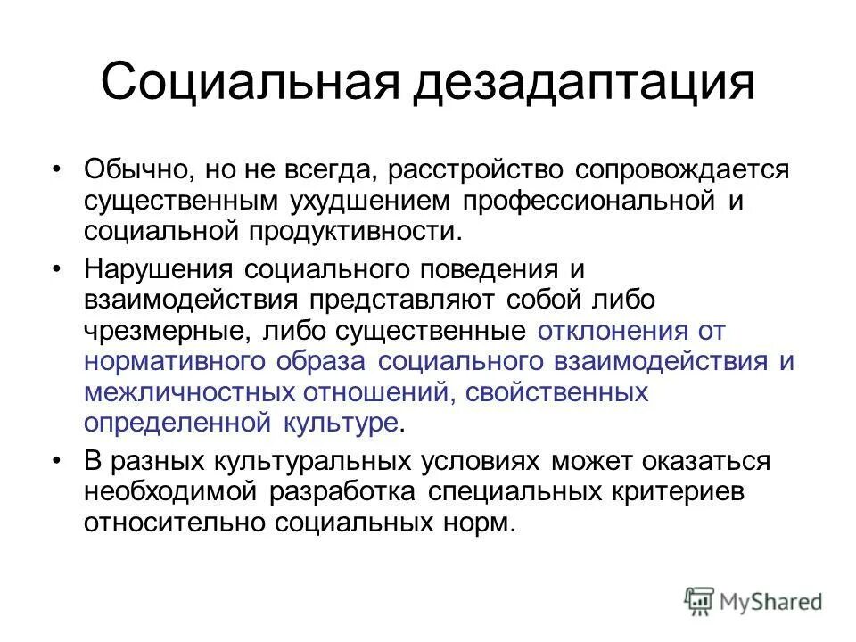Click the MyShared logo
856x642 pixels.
coord(753,600)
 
